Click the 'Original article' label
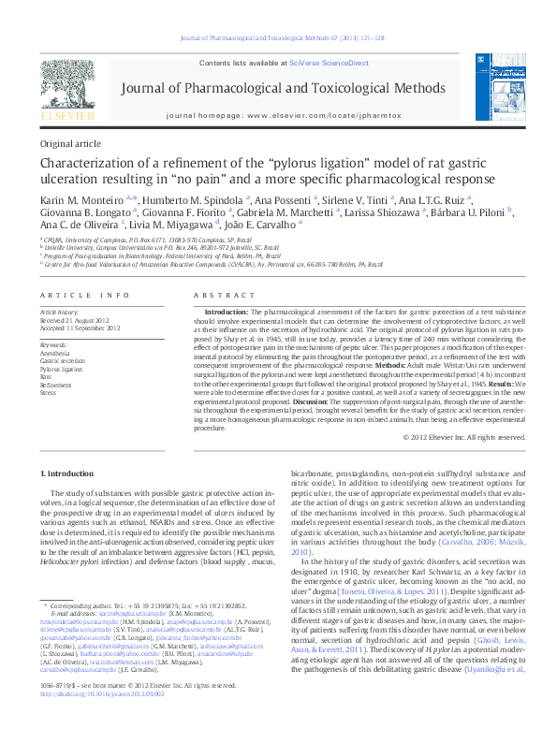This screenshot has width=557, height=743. tap(70, 144)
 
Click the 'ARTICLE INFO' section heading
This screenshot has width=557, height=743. tap(85, 295)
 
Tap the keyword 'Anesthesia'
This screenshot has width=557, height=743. tap(55, 352)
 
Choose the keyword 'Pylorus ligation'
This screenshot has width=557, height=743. tap(59, 368)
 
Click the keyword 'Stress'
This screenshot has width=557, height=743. tap(49, 392)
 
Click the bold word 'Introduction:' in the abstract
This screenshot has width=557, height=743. tap(227, 310)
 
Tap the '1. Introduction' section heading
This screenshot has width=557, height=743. tap(67, 473)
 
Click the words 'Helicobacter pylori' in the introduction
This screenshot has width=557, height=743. tap(72, 564)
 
